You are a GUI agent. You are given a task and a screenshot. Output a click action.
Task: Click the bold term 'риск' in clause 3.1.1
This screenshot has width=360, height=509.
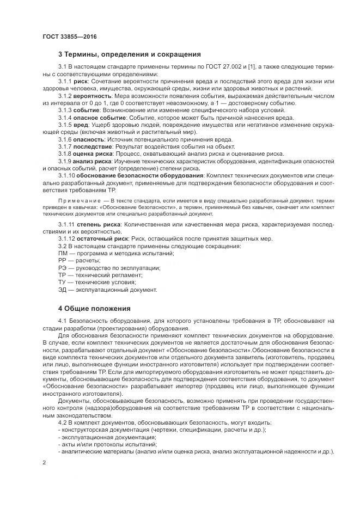click(x=81, y=81)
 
